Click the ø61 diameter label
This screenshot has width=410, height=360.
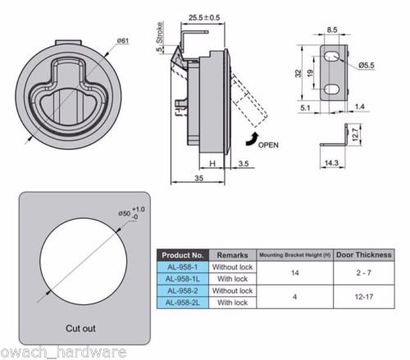tap(123, 41)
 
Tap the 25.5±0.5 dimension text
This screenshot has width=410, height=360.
tap(204, 18)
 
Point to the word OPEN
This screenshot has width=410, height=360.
tap(268, 145)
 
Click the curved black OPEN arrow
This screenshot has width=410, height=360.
tap(252, 139)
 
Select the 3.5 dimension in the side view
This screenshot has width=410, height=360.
tap(244, 164)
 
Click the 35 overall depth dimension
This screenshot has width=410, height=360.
tap(198, 178)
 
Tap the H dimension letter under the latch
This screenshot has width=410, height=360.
tap(212, 164)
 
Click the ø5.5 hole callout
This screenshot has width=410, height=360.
tap(367, 66)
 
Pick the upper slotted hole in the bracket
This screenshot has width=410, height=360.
tap(331, 57)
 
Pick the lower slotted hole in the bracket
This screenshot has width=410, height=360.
tap(331, 89)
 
